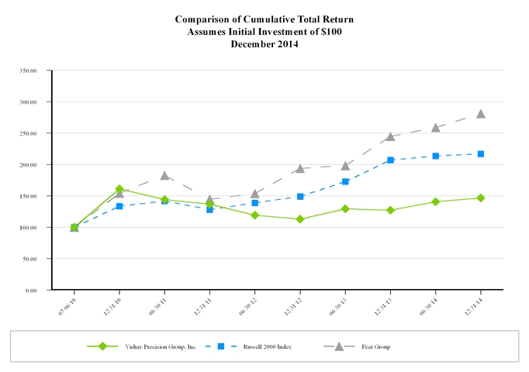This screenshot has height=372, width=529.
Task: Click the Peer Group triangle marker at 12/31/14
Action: (x=481, y=113)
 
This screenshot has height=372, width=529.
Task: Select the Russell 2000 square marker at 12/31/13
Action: (x=390, y=160)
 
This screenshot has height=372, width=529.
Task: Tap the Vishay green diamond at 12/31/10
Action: (x=119, y=189)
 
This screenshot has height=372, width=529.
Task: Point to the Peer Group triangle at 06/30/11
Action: (x=164, y=175)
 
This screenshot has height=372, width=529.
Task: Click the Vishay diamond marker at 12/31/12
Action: (x=300, y=219)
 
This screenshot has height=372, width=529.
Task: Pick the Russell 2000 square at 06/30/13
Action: (x=345, y=181)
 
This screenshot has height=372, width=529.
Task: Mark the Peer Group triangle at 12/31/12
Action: (x=300, y=168)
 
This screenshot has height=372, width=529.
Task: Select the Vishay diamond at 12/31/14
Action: (x=481, y=198)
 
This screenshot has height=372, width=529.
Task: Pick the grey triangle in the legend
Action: (x=339, y=346)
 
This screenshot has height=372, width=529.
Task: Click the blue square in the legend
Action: (x=220, y=346)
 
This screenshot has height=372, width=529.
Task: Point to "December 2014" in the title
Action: (x=264, y=44)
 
